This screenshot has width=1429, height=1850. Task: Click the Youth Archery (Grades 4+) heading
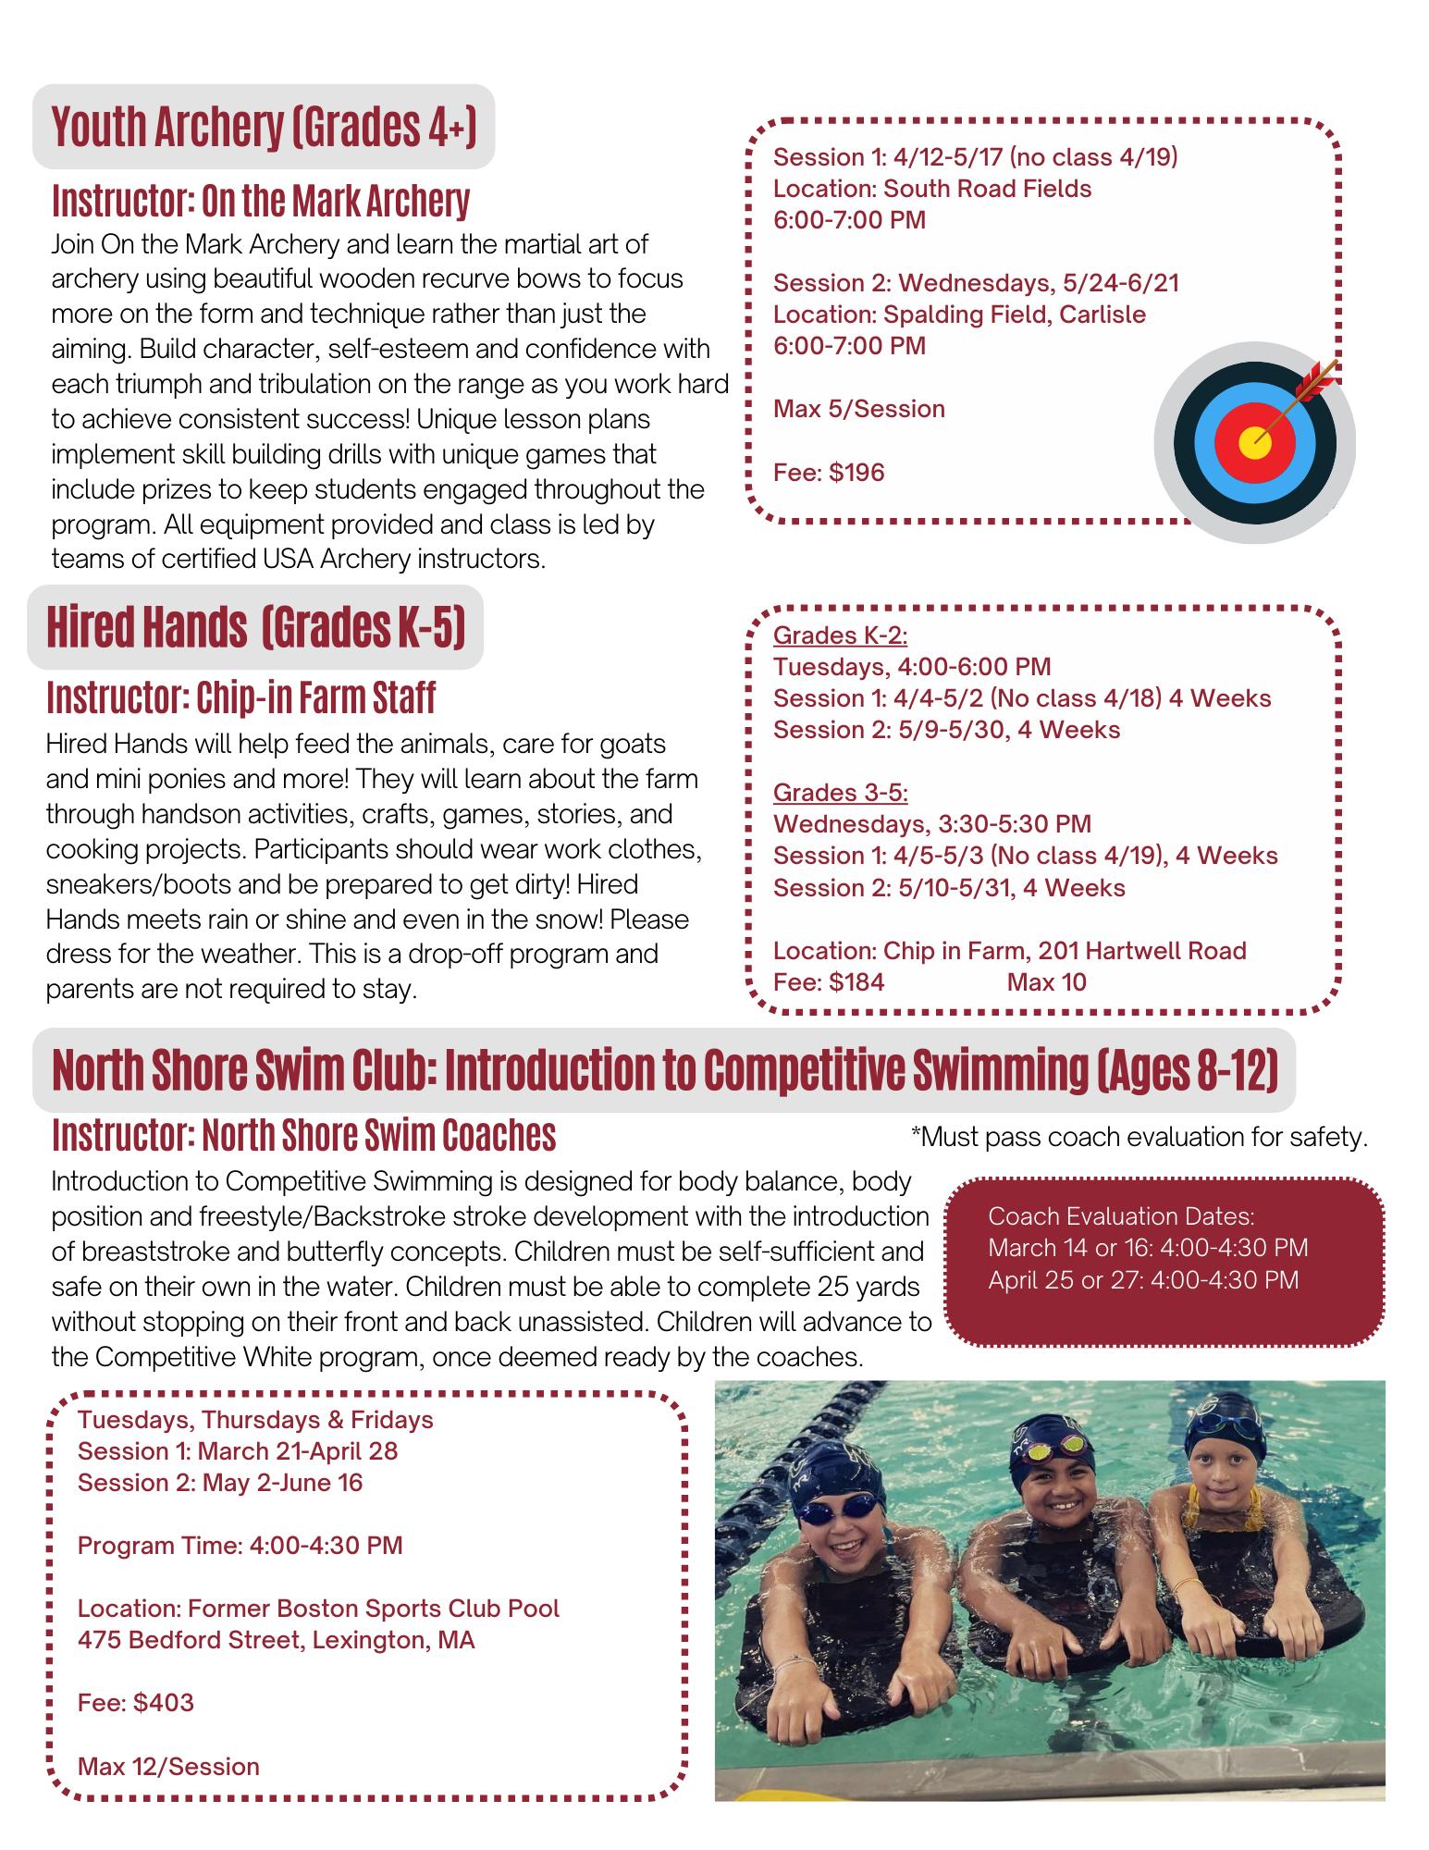(x=264, y=127)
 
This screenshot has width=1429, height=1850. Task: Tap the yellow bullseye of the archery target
(x=1254, y=441)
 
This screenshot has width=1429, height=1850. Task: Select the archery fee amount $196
(x=856, y=473)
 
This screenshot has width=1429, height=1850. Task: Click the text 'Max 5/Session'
(x=859, y=409)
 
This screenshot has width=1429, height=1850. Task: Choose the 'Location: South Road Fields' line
(x=932, y=189)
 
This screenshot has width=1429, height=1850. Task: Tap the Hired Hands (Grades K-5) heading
(x=255, y=628)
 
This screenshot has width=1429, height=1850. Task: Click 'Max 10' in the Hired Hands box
(x=1046, y=982)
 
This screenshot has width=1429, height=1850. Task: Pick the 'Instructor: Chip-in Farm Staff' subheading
(x=240, y=697)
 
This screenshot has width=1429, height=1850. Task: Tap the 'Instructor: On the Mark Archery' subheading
(x=261, y=200)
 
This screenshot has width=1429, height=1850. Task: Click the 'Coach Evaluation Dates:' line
(x=1121, y=1216)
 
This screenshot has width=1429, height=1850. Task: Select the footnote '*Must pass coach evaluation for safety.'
(x=1139, y=1137)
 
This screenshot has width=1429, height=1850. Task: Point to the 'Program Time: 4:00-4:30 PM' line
(x=240, y=1546)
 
